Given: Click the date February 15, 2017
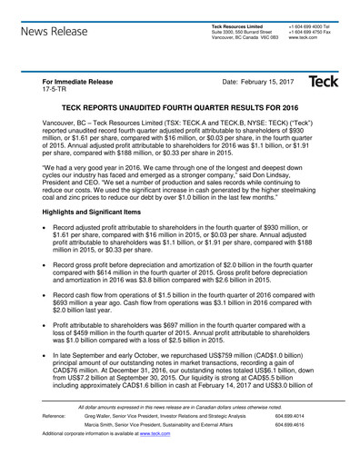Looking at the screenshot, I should (251, 81).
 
